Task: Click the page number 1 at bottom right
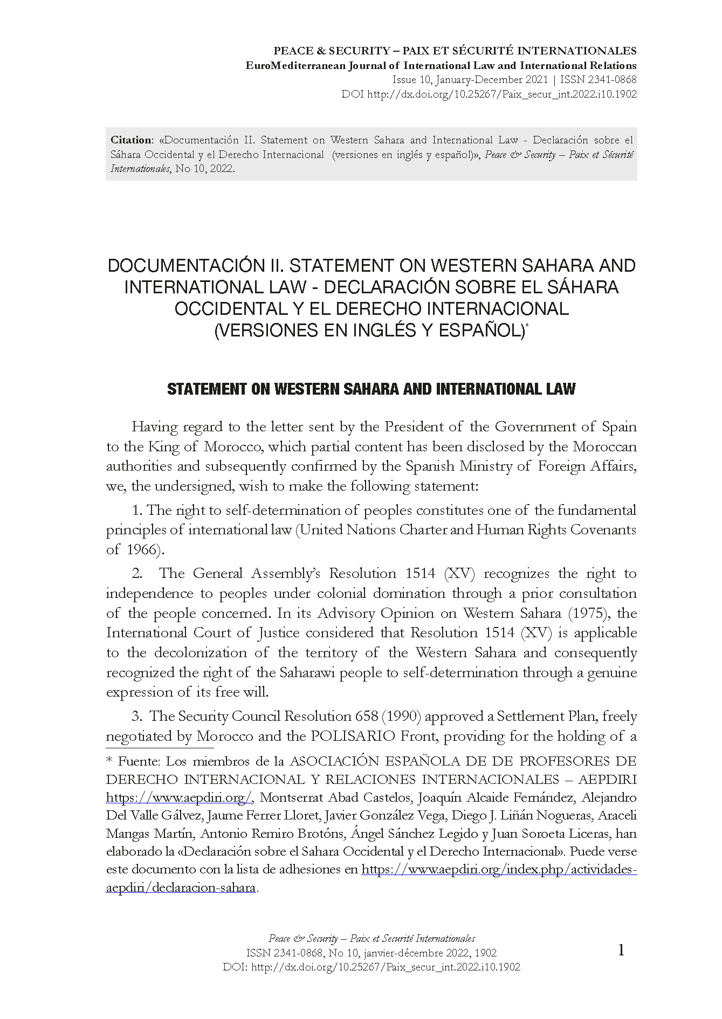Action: pyautogui.click(x=621, y=951)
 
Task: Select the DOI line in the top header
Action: pyautogui.click(x=489, y=94)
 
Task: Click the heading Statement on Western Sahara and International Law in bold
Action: pyautogui.click(x=371, y=389)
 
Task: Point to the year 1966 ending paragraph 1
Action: pyautogui.click(x=143, y=550)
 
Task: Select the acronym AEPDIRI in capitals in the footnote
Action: pyautogui.click(x=607, y=780)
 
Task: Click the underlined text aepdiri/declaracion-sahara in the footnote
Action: pyautogui.click(x=181, y=888)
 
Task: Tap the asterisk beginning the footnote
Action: pyautogui.click(x=109, y=761)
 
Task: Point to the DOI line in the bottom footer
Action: pyautogui.click(x=372, y=967)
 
